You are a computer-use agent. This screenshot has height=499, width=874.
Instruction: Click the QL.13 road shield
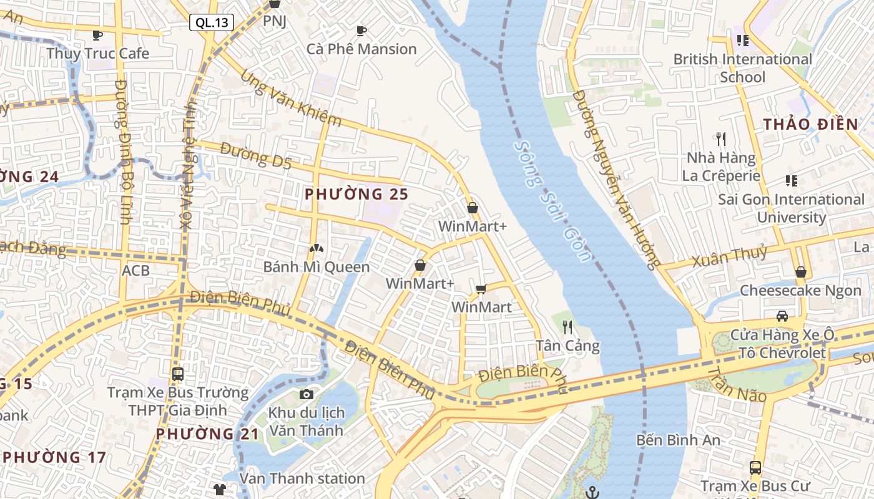[x=212, y=23]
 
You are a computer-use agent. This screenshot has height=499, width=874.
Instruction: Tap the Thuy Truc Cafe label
[x=98, y=54]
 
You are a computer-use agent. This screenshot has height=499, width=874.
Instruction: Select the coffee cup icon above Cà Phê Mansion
[x=361, y=31]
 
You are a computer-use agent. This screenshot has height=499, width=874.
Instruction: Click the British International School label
[x=742, y=68]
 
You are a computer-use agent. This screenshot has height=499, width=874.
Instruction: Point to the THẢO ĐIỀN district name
[x=810, y=124]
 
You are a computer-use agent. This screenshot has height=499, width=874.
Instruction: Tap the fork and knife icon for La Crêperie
[x=721, y=138]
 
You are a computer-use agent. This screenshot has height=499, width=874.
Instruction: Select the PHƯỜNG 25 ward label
[x=356, y=194]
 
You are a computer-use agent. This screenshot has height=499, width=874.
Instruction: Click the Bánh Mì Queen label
[x=316, y=267]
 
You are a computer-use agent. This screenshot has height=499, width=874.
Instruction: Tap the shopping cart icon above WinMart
[x=481, y=289]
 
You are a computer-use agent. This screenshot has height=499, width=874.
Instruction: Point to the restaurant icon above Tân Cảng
[x=567, y=327]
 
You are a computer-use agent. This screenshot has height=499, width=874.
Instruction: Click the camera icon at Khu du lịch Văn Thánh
[x=306, y=394]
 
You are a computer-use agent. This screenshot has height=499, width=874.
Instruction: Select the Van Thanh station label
[x=302, y=478]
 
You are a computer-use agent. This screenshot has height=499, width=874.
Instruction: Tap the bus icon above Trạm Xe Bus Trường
[x=178, y=374]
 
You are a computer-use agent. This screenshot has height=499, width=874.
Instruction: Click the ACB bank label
[x=135, y=270]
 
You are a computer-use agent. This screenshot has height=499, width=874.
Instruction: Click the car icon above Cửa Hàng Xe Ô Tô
[x=782, y=316]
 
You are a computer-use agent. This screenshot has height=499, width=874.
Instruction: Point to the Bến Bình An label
[x=678, y=440]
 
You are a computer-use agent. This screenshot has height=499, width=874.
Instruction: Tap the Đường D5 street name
[x=256, y=157]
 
